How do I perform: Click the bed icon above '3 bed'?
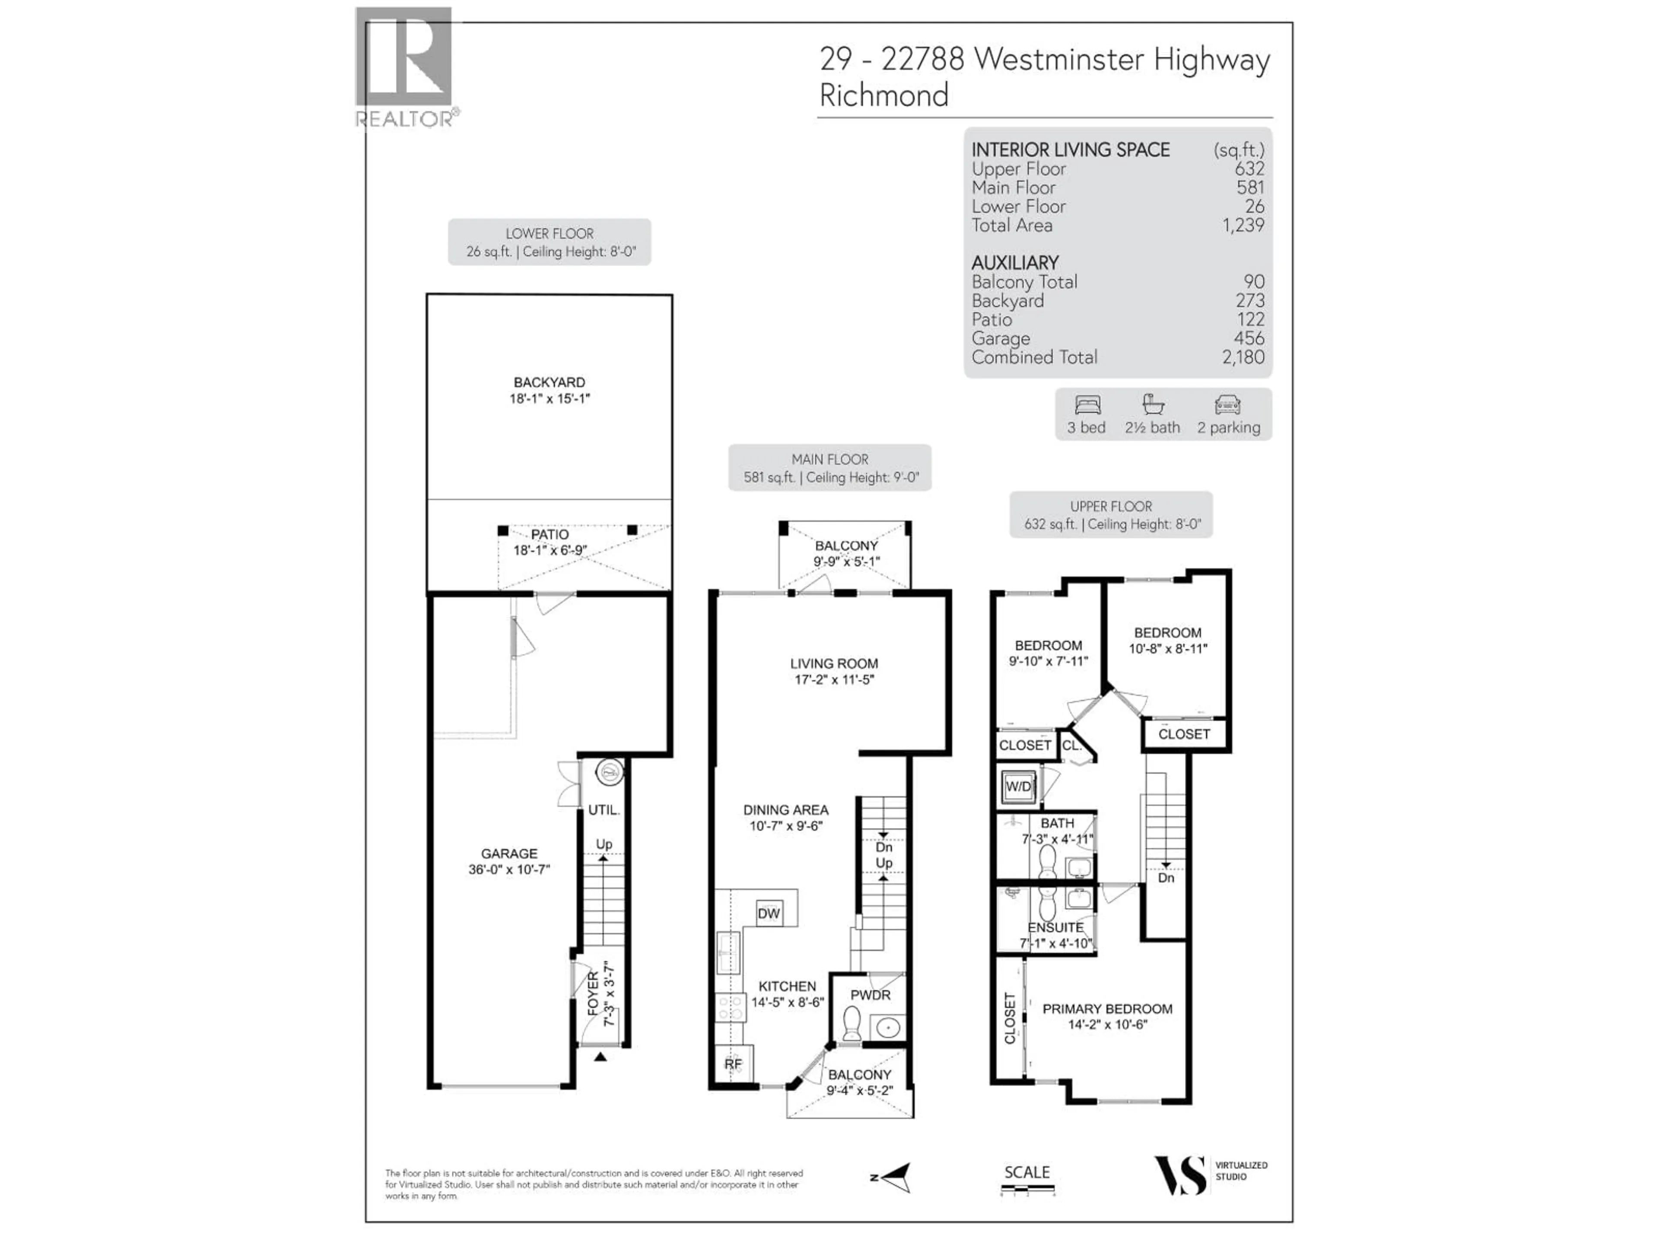pos(1087,406)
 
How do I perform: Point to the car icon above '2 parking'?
pos(1228,406)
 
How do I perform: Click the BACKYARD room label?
pos(549,382)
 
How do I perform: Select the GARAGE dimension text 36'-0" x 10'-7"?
pos(509,870)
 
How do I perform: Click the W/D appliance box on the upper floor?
pos(1018,787)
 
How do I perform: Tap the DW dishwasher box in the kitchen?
pos(769,913)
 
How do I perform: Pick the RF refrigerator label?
pos(733,1064)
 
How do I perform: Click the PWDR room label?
pos(870,995)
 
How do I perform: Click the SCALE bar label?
pos(1027,1172)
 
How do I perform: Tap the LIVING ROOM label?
pos(833,663)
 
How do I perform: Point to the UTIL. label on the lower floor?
pos(603,810)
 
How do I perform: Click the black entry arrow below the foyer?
pos(600,1057)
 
